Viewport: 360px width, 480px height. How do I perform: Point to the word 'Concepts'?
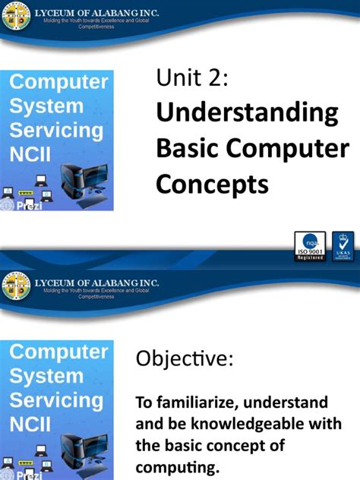tap(213, 183)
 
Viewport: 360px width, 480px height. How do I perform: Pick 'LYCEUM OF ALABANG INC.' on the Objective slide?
tap(96, 283)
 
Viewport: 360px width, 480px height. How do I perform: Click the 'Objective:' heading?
tap(183, 359)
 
